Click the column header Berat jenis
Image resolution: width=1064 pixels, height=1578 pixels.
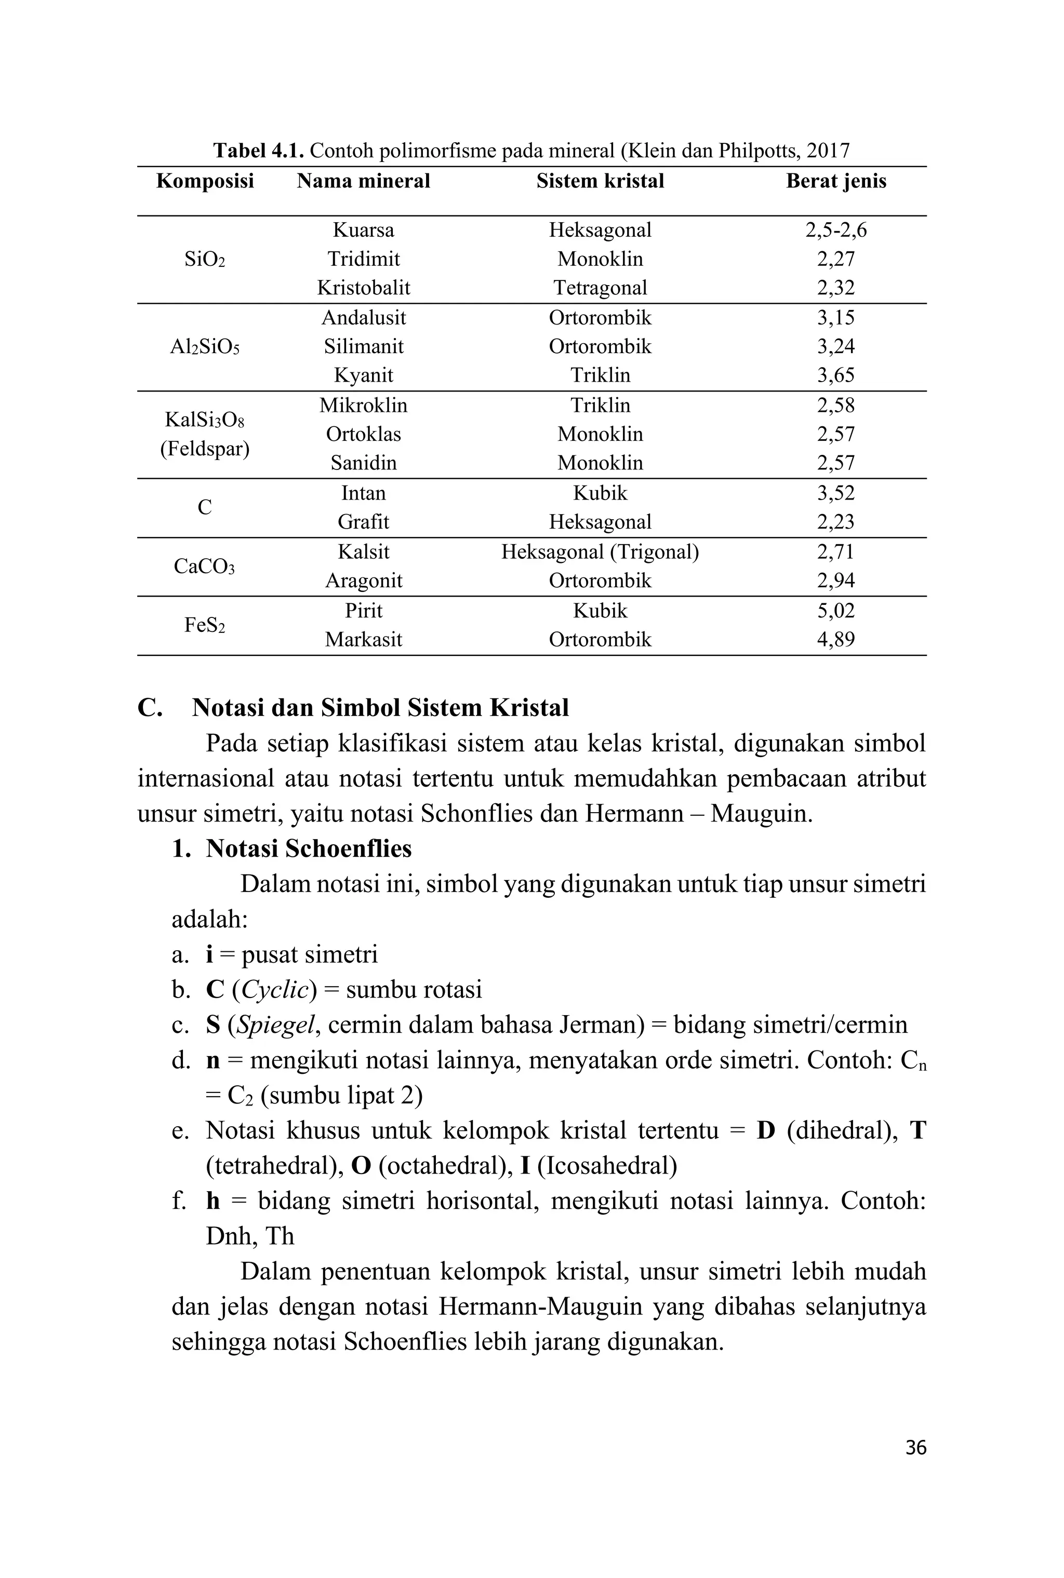click(x=835, y=181)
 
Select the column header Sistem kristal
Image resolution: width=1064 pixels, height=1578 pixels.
click(x=600, y=181)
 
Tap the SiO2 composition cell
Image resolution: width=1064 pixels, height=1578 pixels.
click(x=204, y=259)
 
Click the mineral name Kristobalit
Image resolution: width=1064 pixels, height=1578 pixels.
click(x=363, y=288)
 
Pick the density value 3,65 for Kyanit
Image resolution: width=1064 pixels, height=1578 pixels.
click(x=835, y=375)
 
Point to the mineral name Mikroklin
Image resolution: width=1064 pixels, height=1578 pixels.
click(x=363, y=406)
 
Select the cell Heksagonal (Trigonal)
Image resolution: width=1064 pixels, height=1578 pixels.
click(x=600, y=552)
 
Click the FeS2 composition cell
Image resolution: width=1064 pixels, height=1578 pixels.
click(x=204, y=625)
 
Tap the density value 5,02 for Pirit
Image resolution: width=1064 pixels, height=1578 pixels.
click(x=835, y=610)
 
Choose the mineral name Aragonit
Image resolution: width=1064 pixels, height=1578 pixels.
click(x=363, y=581)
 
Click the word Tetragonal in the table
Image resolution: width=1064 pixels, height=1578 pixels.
click(x=600, y=288)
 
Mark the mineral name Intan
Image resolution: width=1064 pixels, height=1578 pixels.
click(x=363, y=493)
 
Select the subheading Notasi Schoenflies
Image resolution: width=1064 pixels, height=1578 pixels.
click(x=309, y=848)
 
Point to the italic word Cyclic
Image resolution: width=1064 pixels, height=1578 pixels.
click(x=274, y=989)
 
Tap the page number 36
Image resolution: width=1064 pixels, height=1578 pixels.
click(x=915, y=1448)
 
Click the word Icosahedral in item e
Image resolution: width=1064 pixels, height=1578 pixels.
click(x=607, y=1166)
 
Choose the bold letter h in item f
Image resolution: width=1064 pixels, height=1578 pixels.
click(x=213, y=1201)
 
